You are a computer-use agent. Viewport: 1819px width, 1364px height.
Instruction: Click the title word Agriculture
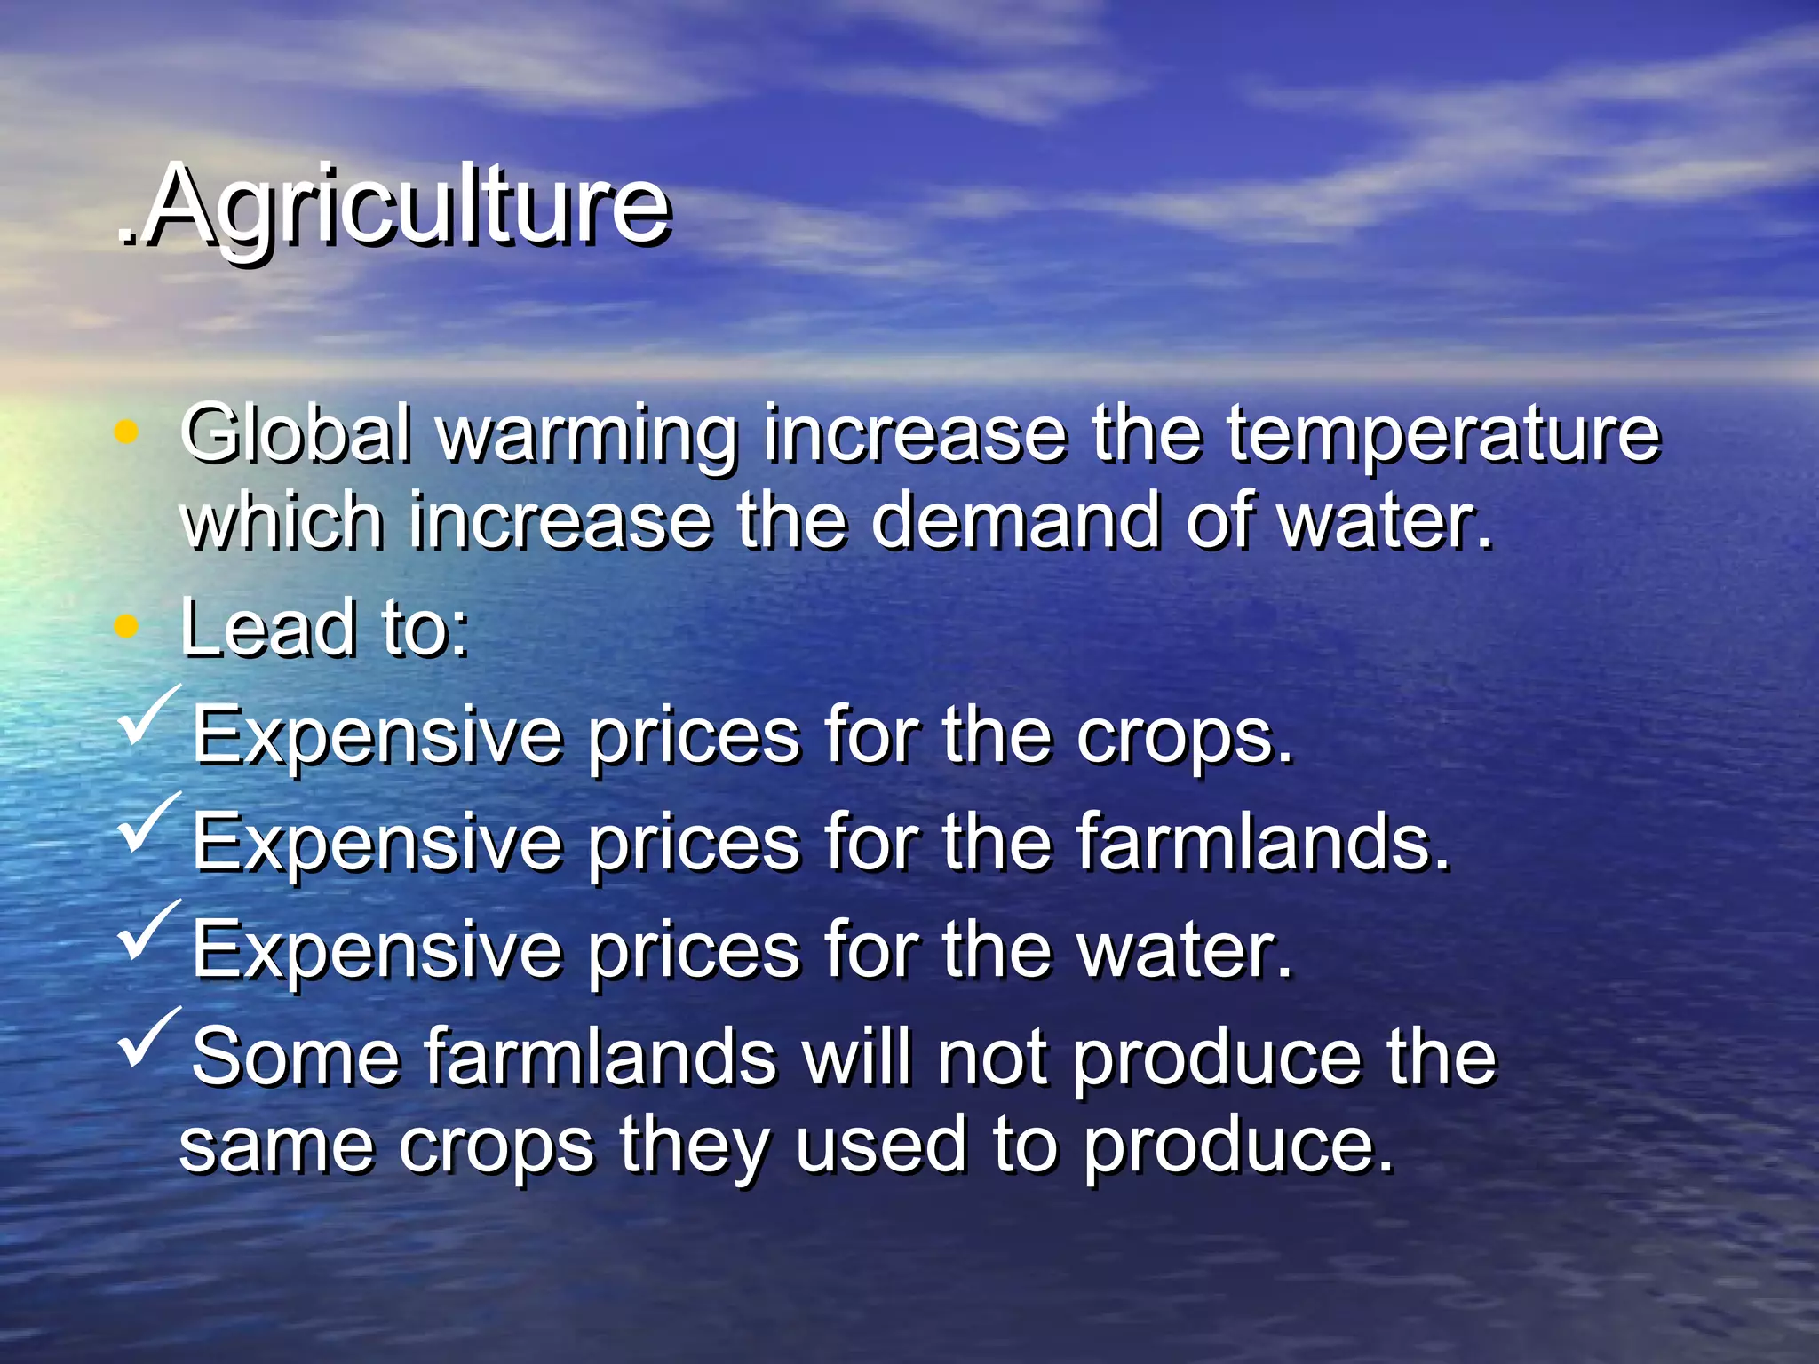[404, 206]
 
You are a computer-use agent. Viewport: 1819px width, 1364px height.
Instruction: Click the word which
[282, 521]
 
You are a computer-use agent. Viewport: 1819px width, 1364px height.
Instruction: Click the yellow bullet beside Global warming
[127, 432]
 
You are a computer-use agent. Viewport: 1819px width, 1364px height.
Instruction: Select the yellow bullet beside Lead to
[127, 626]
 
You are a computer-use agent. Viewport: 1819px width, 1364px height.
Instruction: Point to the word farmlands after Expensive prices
[1262, 843]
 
